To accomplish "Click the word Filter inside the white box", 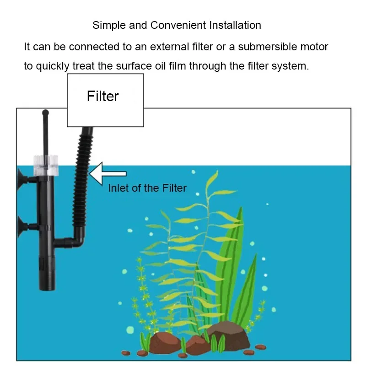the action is click(x=103, y=96).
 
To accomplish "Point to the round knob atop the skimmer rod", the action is click(x=45, y=112).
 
